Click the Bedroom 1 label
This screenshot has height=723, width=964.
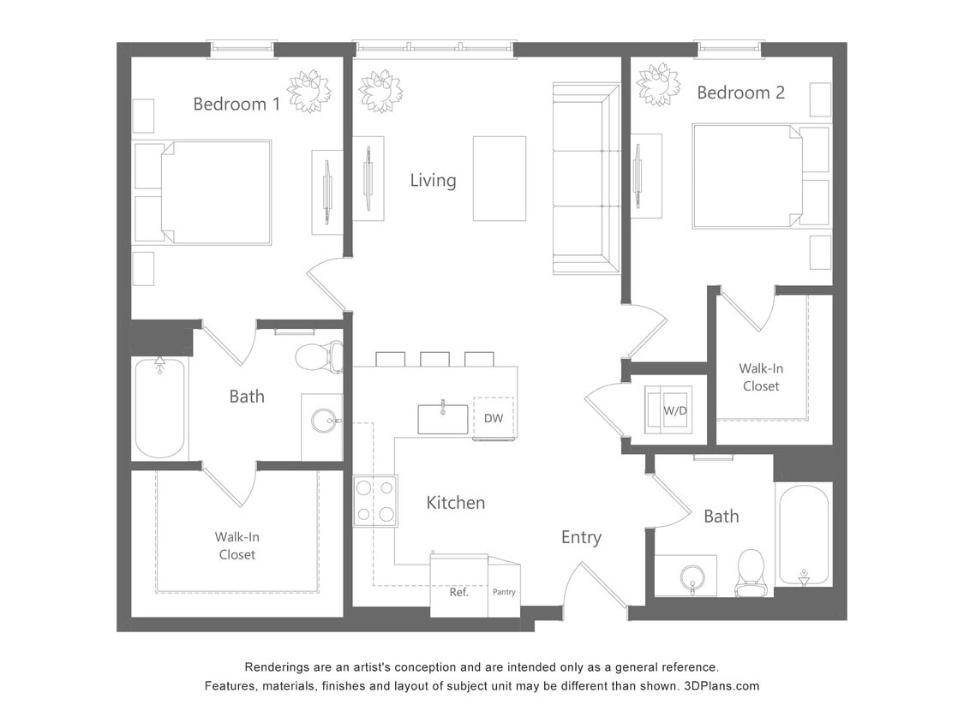click(x=237, y=105)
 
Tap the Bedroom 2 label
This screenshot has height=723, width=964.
click(x=740, y=93)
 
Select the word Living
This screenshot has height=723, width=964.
click(x=433, y=181)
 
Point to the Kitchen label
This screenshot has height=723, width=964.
click(x=456, y=503)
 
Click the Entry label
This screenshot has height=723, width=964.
click(x=581, y=537)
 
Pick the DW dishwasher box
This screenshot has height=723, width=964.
click(x=494, y=418)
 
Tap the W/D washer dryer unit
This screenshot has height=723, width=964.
click(x=674, y=410)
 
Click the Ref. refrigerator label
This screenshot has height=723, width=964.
click(x=459, y=592)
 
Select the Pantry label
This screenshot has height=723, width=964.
click(x=504, y=592)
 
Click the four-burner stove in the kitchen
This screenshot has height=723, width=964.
click(x=375, y=501)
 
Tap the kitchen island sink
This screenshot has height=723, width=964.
click(x=443, y=419)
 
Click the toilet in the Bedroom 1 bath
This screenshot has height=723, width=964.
click(x=320, y=356)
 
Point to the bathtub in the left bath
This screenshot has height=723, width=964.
click(x=160, y=408)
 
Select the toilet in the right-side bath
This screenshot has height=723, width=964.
click(x=751, y=571)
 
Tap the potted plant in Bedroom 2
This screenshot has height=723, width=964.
click(x=658, y=85)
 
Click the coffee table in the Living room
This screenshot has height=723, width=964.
click(x=500, y=178)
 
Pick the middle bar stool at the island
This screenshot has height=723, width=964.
click(x=434, y=359)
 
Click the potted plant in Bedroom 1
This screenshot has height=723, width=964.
click(x=308, y=91)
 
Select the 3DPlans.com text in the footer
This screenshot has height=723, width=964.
click(x=722, y=686)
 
